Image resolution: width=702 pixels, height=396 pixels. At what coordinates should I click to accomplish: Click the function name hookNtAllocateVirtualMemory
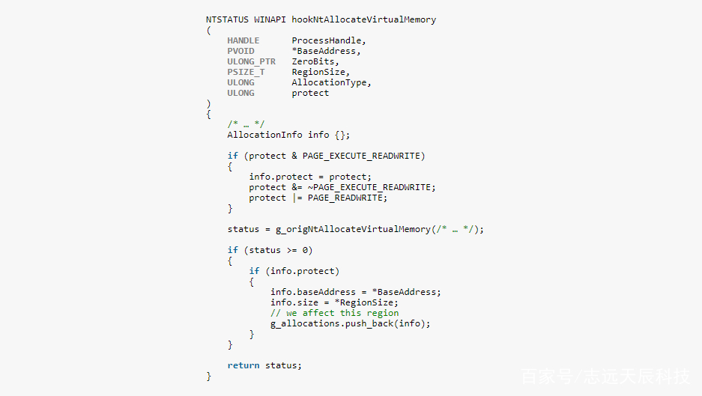point(363,19)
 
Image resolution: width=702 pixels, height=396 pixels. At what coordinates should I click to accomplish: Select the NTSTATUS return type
point(227,19)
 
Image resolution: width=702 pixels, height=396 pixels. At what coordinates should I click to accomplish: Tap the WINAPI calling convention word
point(270,19)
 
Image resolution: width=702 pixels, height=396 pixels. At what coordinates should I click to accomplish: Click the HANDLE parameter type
point(243,40)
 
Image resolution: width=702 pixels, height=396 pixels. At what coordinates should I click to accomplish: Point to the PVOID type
point(240,51)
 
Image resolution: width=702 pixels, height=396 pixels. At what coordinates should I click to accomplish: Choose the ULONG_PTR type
point(251,61)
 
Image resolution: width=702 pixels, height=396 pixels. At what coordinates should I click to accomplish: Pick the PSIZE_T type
point(246,72)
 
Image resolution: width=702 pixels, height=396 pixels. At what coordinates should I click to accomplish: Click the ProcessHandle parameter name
point(327,40)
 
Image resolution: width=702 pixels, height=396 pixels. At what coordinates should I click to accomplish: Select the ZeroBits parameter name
point(313,61)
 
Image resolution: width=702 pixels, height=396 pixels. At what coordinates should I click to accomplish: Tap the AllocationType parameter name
point(329,83)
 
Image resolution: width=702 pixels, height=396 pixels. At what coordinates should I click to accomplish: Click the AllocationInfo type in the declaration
point(264,135)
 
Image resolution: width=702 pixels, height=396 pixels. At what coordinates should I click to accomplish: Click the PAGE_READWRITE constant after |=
point(345,198)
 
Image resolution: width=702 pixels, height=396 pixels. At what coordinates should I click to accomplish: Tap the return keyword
point(243,365)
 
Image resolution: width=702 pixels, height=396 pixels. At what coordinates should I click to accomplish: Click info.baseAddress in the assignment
point(313,292)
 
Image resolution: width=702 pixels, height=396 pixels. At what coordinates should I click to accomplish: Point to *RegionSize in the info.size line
point(364,302)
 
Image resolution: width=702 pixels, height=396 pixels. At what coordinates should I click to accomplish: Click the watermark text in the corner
point(605,377)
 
